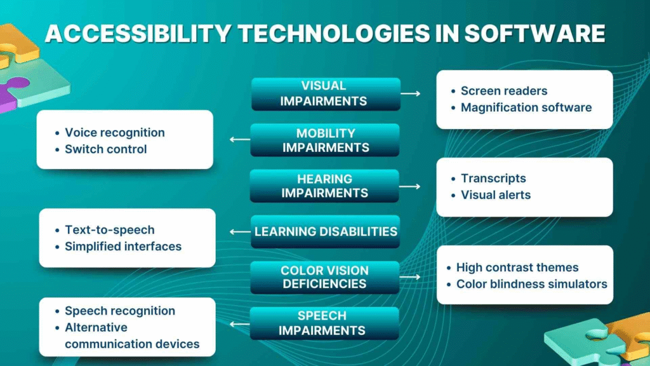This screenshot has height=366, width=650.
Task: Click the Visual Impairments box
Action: (x=326, y=93)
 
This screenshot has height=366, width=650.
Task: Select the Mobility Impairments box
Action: (x=325, y=140)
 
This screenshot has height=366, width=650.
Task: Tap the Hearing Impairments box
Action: (x=324, y=186)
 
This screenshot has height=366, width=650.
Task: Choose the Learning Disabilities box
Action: (x=326, y=232)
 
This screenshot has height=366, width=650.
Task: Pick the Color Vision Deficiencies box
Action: (x=324, y=277)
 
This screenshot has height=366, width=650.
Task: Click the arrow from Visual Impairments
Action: (x=411, y=93)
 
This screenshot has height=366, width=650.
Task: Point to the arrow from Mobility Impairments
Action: (x=239, y=140)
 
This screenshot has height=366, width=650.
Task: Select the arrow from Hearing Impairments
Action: (x=411, y=186)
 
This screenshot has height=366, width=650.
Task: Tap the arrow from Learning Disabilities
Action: (x=240, y=232)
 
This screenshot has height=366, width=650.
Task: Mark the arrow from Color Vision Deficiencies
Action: (x=411, y=277)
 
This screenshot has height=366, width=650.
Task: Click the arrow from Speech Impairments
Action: (x=239, y=323)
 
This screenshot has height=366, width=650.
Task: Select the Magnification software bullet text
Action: (x=526, y=107)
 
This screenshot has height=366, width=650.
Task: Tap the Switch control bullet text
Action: (x=105, y=149)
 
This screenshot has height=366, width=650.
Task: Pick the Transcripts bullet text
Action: (x=493, y=179)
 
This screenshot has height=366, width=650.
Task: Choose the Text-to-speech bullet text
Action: (x=109, y=229)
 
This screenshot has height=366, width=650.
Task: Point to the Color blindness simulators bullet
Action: (x=531, y=284)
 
